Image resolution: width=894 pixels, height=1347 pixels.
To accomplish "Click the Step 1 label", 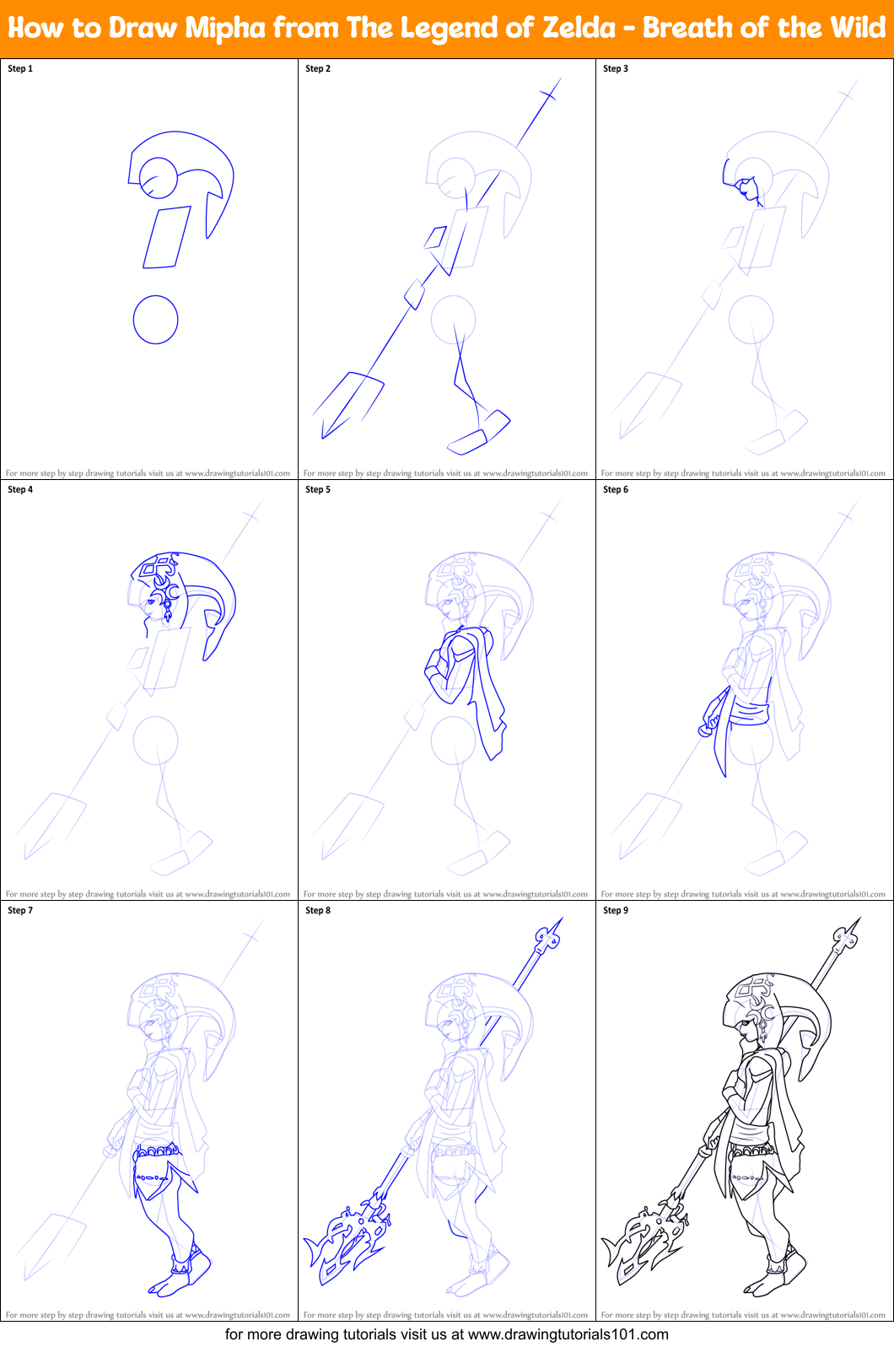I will [20, 68].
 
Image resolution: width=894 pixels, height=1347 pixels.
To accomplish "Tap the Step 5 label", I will [318, 489].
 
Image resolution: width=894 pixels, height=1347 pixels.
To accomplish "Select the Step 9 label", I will [616, 910].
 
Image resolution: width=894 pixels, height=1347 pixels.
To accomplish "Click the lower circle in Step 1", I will [156, 320].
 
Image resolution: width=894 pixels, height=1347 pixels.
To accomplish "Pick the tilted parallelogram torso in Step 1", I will [166, 239].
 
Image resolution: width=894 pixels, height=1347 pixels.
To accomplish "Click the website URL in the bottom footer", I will [568, 1334].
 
